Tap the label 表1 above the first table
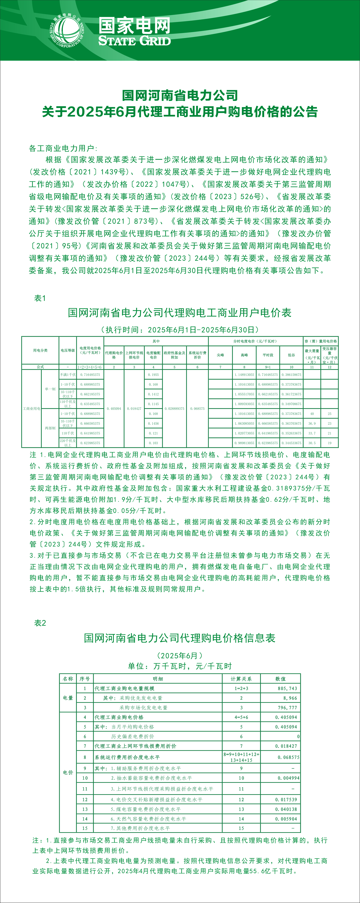40,298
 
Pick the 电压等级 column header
68,350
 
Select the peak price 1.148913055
244,375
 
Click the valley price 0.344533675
291,443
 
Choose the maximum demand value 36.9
312,423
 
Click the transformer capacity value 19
330,443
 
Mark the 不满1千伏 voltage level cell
68,375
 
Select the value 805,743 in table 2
288,688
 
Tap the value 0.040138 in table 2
286,809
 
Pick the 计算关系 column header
241,679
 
